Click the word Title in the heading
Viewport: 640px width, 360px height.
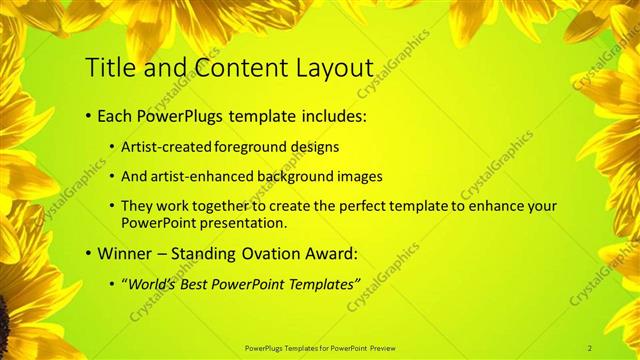point(108,67)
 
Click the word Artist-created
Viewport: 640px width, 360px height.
point(166,147)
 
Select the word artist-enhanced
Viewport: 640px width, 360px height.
point(200,177)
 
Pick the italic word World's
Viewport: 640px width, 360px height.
point(151,284)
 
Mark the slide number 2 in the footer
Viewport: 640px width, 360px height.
point(590,347)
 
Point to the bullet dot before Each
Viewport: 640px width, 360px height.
point(89,117)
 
